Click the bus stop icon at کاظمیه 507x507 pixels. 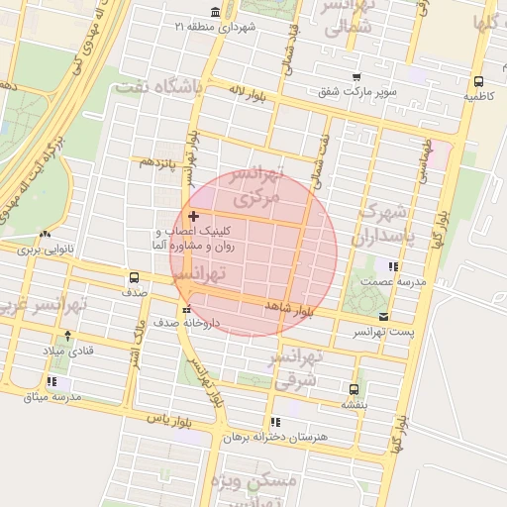(478, 82)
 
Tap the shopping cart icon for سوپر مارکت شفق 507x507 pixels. (355, 77)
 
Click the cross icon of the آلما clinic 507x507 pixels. (192, 215)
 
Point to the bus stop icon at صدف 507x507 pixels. (135, 277)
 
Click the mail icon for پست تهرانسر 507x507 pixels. (383, 317)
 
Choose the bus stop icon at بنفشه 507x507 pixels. (355, 389)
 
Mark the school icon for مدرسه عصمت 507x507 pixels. (393, 266)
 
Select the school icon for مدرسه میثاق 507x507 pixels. (51, 381)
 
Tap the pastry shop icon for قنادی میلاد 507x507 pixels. (67, 335)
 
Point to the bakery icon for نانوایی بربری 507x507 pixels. (45, 235)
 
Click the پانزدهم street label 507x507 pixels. (157, 160)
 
